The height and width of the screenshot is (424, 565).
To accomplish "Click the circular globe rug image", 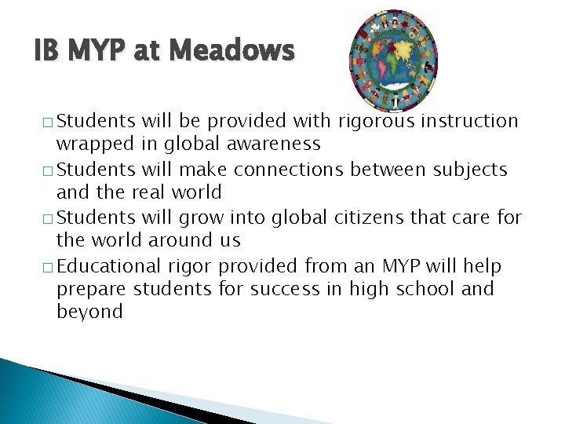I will (392, 60).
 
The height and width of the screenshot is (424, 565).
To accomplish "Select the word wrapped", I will (89, 144).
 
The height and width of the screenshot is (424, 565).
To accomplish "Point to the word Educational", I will (110, 265).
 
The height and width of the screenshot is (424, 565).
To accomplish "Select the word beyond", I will (89, 312).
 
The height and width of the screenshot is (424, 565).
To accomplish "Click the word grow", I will (202, 217).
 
